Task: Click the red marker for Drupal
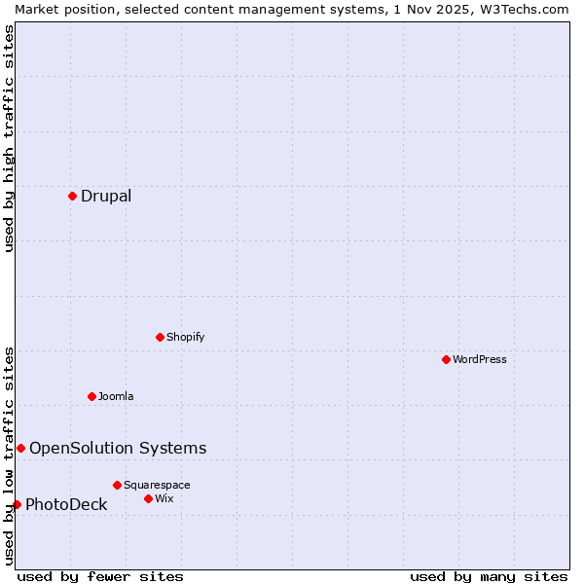pyautogui.click(x=72, y=196)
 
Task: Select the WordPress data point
pyautogui.click(x=446, y=359)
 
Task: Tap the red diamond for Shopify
pyautogui.click(x=160, y=337)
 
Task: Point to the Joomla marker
pyautogui.click(x=91, y=396)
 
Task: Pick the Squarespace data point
pyautogui.click(x=117, y=485)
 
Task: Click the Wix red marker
pyautogui.click(x=148, y=498)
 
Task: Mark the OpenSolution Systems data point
pyautogui.click(x=20, y=448)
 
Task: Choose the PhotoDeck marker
pyautogui.click(x=17, y=504)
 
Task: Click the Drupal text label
pyautogui.click(x=106, y=196)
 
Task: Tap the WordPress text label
pyautogui.click(x=480, y=359)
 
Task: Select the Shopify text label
pyautogui.click(x=186, y=337)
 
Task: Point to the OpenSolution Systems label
pyautogui.click(x=118, y=448)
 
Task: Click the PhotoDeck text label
pyautogui.click(x=66, y=504)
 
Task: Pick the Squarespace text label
pyautogui.click(x=157, y=485)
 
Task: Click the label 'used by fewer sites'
pyautogui.click(x=100, y=576)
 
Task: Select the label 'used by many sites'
pyautogui.click(x=489, y=576)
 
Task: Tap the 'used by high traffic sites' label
pyautogui.click(x=9, y=138)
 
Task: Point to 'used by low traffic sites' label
pyautogui.click(x=9, y=455)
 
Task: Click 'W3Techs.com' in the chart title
pyautogui.click(x=524, y=9)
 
